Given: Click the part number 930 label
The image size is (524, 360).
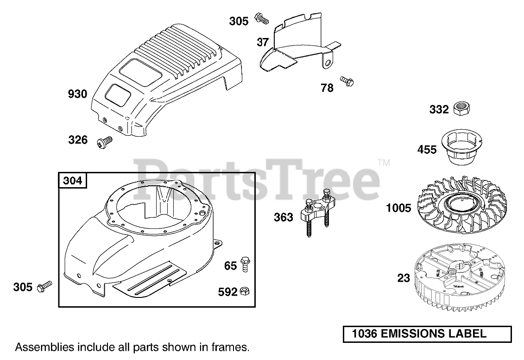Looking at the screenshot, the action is [x=77, y=95].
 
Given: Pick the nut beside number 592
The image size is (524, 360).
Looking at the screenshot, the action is [x=246, y=291].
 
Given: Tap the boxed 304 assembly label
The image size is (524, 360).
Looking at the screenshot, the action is [x=73, y=180].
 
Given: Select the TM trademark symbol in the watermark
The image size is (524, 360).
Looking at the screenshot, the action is [x=384, y=163].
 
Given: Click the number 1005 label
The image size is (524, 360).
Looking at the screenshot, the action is [x=399, y=208].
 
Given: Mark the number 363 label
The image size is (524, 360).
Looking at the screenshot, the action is [x=284, y=217].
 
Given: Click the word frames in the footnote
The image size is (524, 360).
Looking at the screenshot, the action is [x=234, y=347].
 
